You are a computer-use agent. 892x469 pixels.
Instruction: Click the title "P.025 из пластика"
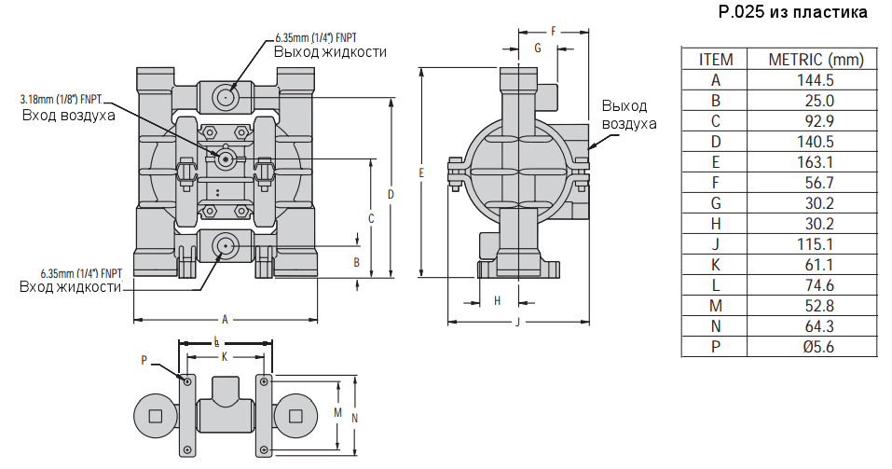pyautogui.click(x=792, y=12)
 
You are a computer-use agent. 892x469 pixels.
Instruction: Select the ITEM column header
pyautogui.click(x=716, y=60)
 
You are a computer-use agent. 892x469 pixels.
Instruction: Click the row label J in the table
pyautogui.click(x=716, y=244)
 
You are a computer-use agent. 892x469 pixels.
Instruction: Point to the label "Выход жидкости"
pyautogui.click(x=330, y=51)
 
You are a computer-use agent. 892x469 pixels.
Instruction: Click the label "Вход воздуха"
pyautogui.click(x=69, y=115)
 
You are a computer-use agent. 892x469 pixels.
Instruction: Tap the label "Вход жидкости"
pyautogui.click(x=71, y=286)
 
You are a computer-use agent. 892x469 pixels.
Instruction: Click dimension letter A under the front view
pyautogui.click(x=225, y=319)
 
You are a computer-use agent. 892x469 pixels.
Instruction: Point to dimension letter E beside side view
pyautogui.click(x=421, y=172)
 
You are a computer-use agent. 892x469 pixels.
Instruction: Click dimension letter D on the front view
pyautogui.click(x=391, y=194)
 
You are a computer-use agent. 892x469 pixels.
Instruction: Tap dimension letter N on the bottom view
pyautogui.click(x=355, y=418)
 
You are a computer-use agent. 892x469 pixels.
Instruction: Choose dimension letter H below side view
pyautogui.click(x=497, y=300)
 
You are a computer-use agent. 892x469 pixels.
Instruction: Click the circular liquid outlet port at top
pyautogui.click(x=225, y=96)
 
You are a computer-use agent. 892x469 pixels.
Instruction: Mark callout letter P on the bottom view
pyautogui.click(x=144, y=360)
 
